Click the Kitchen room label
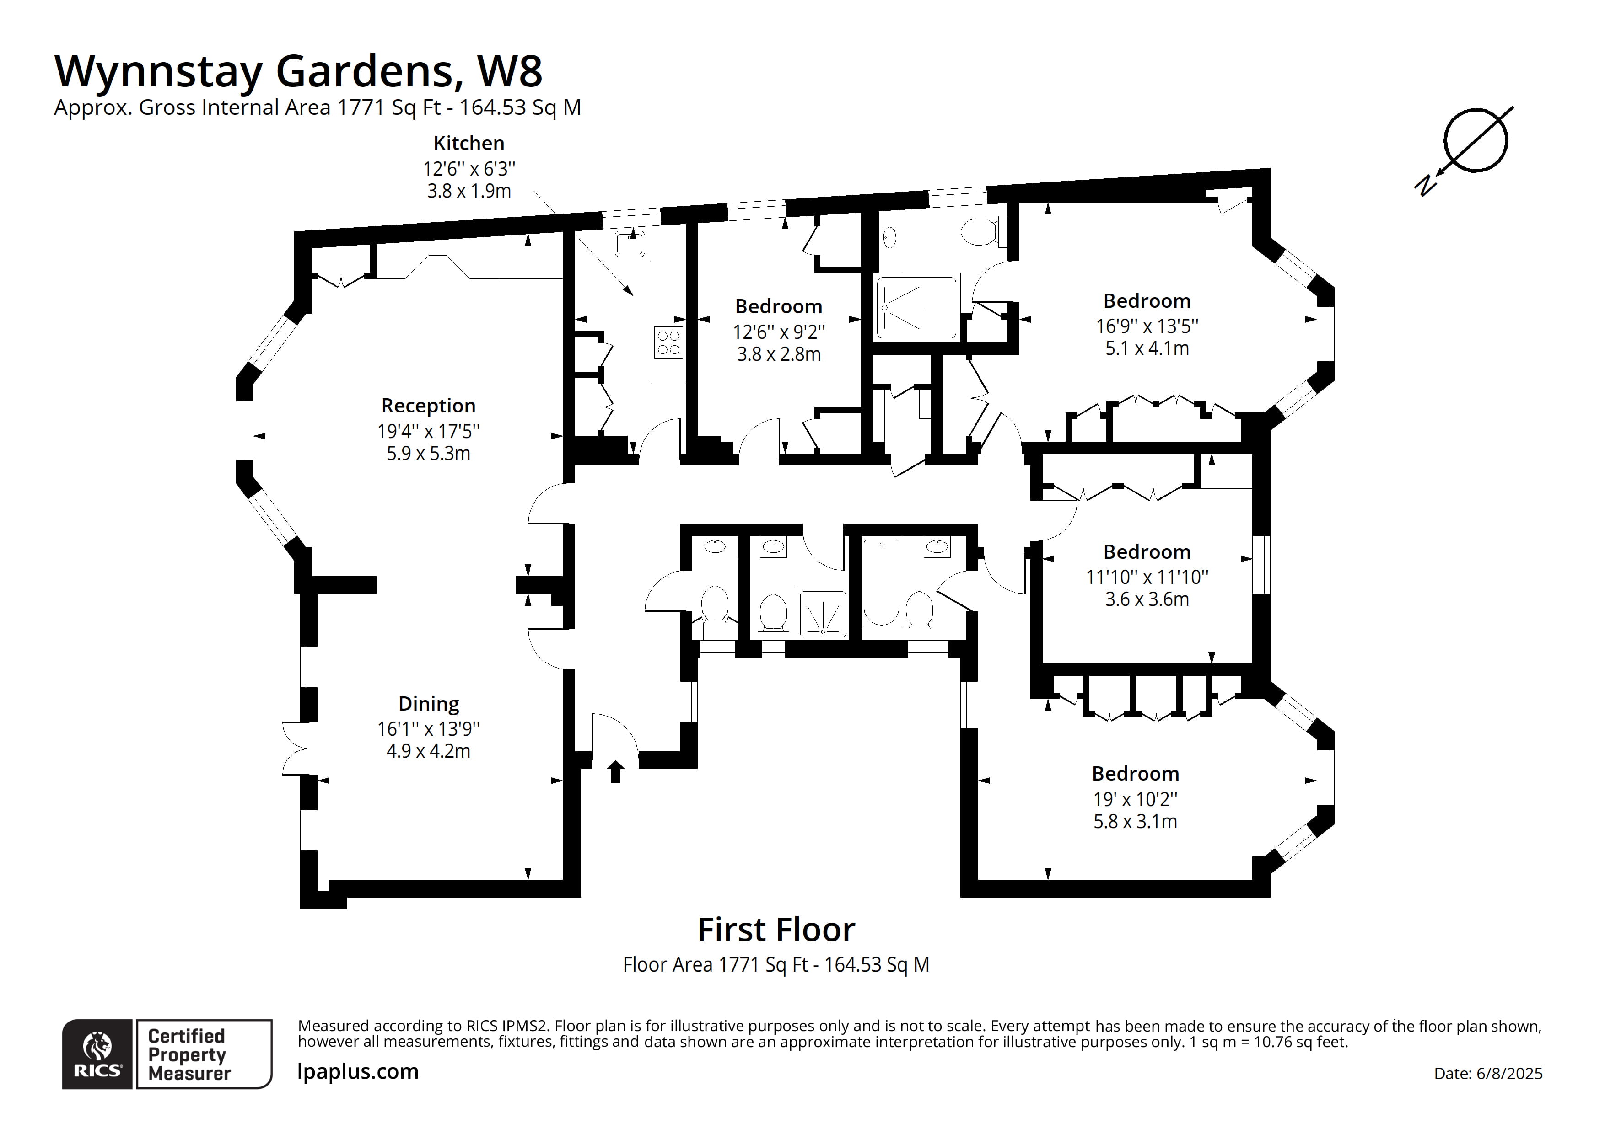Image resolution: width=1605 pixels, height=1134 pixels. click(x=469, y=143)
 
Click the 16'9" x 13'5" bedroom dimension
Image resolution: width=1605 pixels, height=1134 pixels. click(x=1147, y=326)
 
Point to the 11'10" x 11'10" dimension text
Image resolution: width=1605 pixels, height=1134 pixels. click(x=1147, y=577)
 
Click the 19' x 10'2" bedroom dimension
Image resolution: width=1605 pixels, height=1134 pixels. click(x=1135, y=799)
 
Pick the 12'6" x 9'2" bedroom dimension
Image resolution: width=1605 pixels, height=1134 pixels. click(x=778, y=332)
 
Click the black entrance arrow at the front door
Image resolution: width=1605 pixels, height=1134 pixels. click(x=615, y=771)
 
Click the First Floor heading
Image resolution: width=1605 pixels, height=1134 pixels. click(x=776, y=930)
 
